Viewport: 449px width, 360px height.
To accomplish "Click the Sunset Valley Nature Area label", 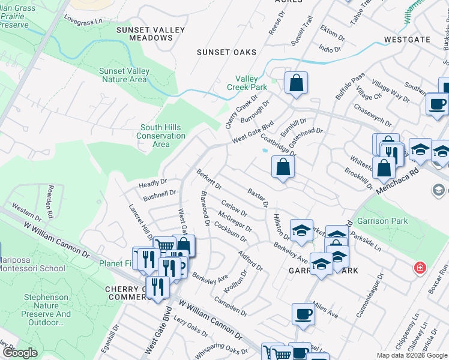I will [124, 75].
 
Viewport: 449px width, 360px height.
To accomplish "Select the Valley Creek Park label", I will [247, 83].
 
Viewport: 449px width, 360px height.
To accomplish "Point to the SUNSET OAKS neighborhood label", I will [227, 52].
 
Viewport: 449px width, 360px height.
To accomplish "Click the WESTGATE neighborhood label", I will [408, 40].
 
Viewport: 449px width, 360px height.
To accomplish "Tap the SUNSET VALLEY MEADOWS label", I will [145, 34].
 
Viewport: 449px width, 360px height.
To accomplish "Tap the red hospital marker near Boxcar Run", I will [418, 266].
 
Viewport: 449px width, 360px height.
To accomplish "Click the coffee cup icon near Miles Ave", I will [303, 313].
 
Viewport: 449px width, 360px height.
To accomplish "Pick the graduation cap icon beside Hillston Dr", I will [301, 230].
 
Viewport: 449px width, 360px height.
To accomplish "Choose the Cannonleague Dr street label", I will [381, 295].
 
